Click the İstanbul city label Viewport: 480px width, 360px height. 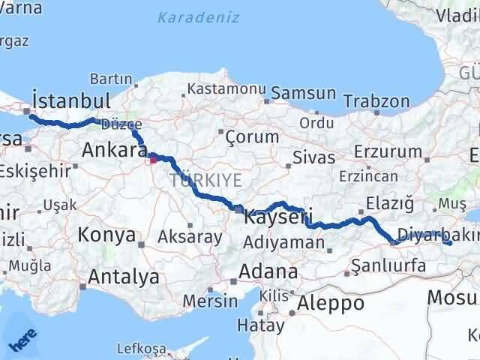[72, 100]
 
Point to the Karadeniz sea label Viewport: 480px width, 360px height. [187, 15]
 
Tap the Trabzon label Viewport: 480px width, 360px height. [382, 102]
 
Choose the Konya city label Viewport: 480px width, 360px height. [106, 235]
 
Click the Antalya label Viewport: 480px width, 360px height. [123, 277]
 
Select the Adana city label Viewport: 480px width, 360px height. [268, 271]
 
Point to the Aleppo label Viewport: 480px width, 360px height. [331, 303]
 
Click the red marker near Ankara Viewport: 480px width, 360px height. [153, 158]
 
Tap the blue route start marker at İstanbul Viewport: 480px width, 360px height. [28, 112]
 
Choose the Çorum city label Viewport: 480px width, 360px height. [252, 137]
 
